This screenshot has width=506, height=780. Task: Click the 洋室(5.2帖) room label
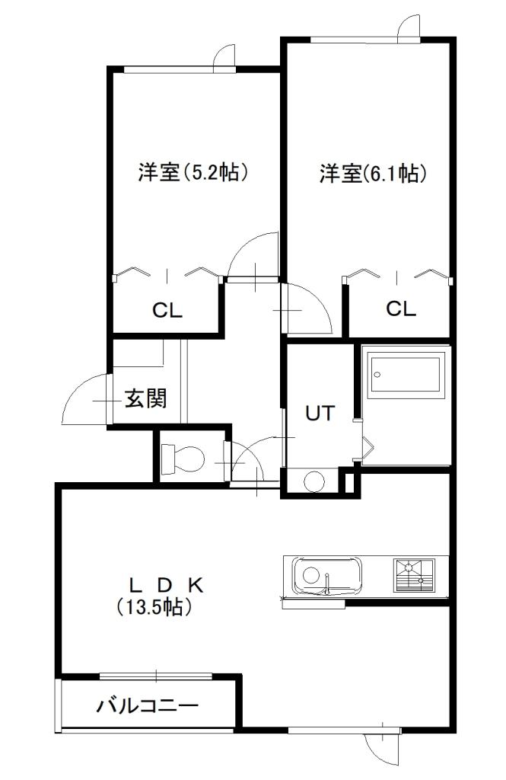pyautogui.click(x=193, y=173)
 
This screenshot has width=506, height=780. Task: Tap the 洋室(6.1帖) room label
pyautogui.click(x=372, y=174)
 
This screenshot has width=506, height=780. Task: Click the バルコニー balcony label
pyautogui.click(x=148, y=705)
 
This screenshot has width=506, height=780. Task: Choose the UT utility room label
pyautogui.click(x=320, y=413)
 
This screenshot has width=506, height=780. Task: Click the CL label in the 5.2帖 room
pyautogui.click(x=167, y=310)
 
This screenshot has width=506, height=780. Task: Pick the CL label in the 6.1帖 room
pyautogui.click(x=400, y=308)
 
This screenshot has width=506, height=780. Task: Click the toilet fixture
pyautogui.click(x=183, y=458)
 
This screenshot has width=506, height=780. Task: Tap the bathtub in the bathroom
pyautogui.click(x=404, y=373)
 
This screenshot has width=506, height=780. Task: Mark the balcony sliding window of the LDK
pyautogui.click(x=155, y=675)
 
